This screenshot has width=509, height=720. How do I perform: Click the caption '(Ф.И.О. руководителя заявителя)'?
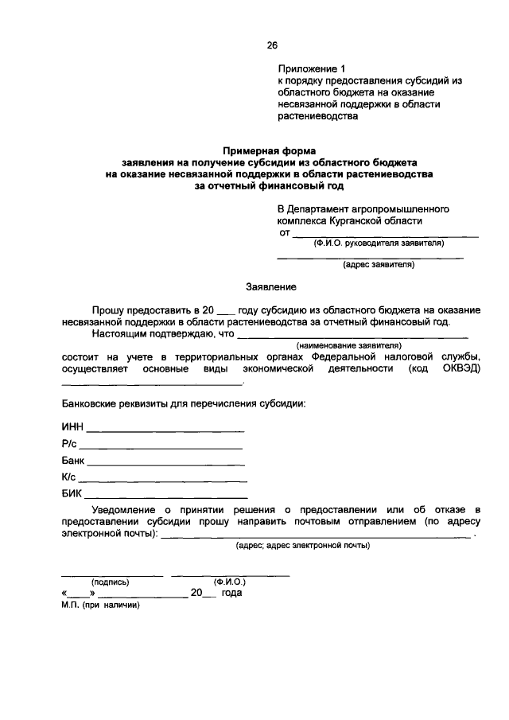[x=379, y=243]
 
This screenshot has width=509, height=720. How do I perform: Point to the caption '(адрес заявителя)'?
[x=378, y=265]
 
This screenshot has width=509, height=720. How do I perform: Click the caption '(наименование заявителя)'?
[x=348, y=346]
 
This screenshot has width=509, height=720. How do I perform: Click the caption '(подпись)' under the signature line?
[x=110, y=582]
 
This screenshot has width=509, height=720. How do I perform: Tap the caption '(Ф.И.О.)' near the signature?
[x=229, y=582]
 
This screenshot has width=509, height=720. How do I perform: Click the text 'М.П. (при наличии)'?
[x=99, y=605]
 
